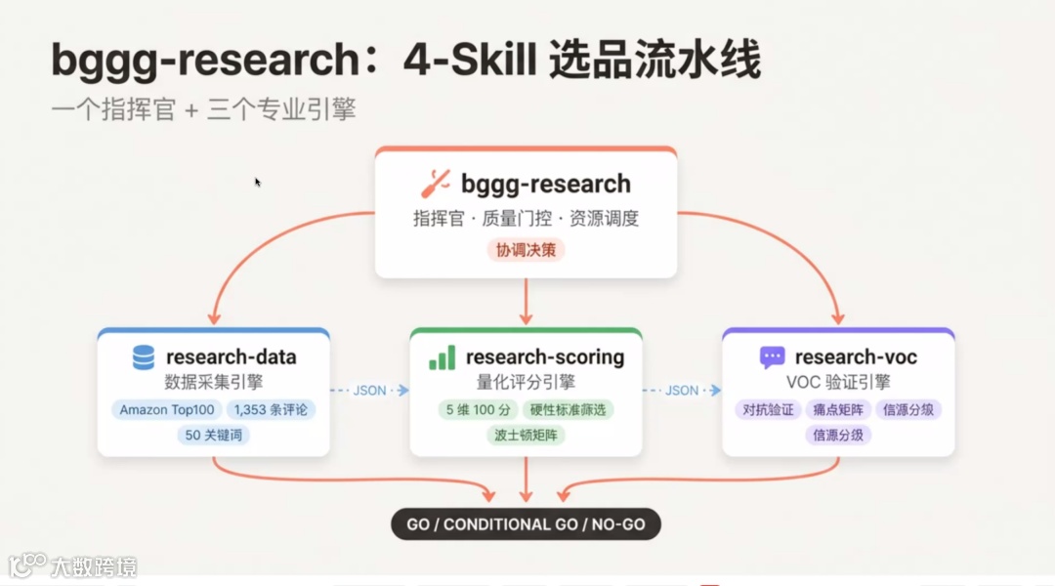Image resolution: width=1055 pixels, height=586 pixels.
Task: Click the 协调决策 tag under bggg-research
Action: point(526,249)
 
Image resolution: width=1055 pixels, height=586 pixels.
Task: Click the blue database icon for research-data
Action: point(144,357)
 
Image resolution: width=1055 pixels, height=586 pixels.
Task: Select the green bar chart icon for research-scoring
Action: point(442,357)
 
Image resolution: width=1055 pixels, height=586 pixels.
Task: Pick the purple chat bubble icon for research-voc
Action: point(772,357)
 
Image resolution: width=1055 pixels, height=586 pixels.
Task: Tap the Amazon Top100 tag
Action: point(167,409)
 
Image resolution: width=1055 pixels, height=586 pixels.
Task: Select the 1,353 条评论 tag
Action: point(271,409)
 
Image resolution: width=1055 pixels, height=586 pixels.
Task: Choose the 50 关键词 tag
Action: point(213,435)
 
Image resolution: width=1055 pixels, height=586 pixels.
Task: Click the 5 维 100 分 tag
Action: point(479,409)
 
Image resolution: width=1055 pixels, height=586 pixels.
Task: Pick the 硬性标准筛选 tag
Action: point(568,409)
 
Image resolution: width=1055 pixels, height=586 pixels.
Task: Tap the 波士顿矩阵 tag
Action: point(526,435)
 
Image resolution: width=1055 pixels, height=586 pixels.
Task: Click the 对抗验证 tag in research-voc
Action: point(768,409)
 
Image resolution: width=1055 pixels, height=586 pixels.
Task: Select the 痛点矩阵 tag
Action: point(838,409)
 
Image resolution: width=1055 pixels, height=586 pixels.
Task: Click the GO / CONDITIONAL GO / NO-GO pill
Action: point(526,524)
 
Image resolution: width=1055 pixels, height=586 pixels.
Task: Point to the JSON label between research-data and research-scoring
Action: point(369,391)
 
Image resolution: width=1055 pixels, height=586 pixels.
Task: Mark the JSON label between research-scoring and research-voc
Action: point(682,391)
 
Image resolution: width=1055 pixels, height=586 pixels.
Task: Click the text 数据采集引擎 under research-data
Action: point(213,381)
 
